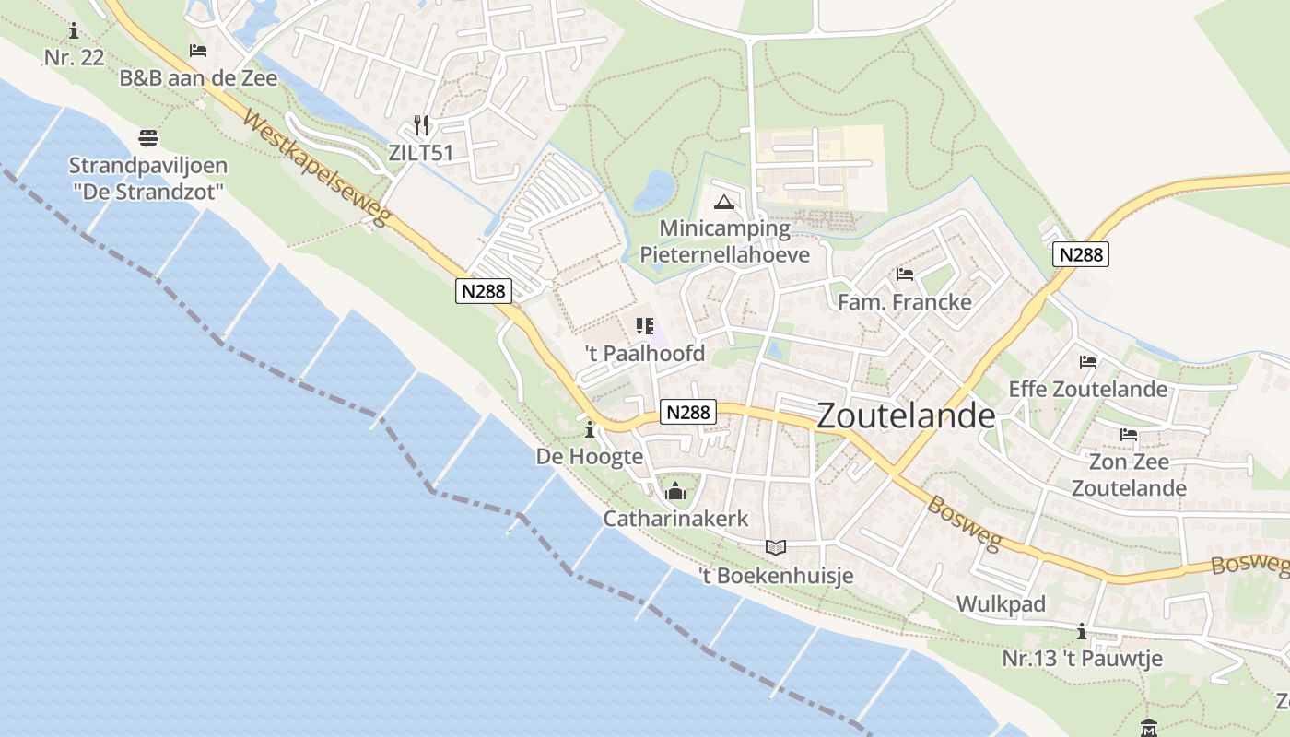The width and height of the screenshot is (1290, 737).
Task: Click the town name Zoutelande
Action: [906, 415]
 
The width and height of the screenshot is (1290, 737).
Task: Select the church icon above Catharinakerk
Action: [675, 492]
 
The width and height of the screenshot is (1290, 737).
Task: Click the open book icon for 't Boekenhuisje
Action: [776, 547]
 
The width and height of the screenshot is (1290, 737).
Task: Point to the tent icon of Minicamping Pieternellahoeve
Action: [724, 202]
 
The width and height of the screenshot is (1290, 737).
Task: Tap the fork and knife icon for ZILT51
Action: [421, 124]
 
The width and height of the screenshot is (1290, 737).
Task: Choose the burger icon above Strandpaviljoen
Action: [148, 138]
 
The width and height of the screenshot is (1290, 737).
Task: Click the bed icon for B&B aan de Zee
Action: [198, 51]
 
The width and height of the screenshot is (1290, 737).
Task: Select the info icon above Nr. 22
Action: [74, 31]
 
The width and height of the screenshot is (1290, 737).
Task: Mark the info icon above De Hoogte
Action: [590, 429]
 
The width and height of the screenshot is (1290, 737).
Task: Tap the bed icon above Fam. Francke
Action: [904, 275]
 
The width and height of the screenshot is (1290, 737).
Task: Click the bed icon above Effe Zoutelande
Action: [1088, 362]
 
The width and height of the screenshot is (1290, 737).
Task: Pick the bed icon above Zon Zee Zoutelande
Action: [1129, 434]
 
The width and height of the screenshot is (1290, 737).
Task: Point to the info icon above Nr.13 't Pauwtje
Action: [1082, 632]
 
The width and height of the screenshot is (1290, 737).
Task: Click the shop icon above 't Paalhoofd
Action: [644, 326]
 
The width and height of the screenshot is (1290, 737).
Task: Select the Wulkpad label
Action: [1002, 604]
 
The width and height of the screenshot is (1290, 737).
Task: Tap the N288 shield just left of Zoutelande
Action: [688, 413]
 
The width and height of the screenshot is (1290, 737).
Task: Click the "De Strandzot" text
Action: [148, 192]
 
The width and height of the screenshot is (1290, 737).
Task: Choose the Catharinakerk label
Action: [675, 519]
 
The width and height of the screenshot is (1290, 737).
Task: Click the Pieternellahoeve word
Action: [724, 254]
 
